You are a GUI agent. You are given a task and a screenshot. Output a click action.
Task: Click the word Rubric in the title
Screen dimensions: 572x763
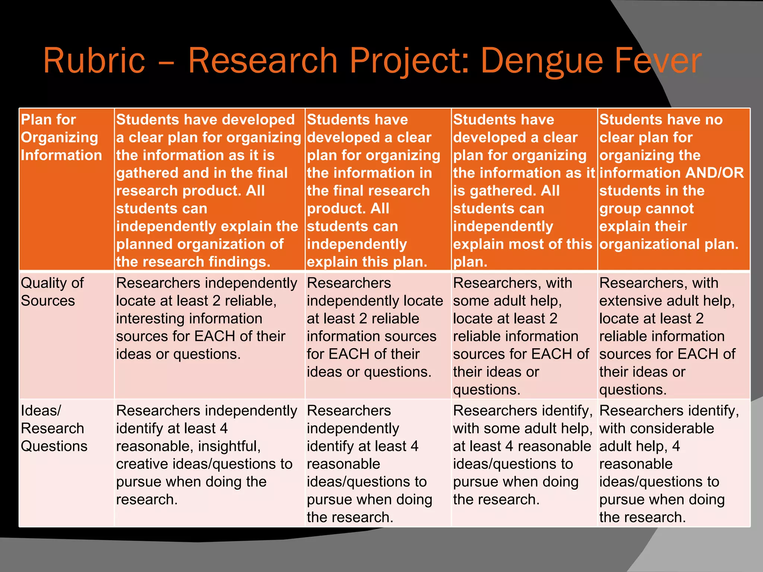tap(94, 60)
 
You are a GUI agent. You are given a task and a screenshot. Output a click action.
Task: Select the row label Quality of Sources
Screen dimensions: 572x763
tap(52, 292)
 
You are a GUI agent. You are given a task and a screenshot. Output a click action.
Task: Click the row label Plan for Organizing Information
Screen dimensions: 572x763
tap(61, 137)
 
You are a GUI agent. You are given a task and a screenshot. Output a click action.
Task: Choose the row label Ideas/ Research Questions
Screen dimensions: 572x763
tap(54, 428)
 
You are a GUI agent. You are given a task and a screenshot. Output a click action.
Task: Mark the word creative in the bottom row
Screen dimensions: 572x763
tap(142, 464)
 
